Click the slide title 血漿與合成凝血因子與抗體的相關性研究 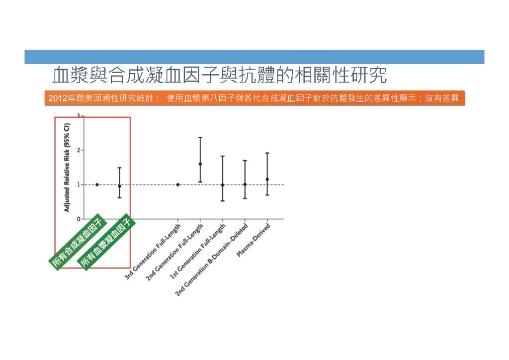pos(219,75)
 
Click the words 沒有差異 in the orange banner pos(442,98)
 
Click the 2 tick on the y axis pos(79,150)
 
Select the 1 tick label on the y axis pos(79,184)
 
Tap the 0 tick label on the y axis pos(79,219)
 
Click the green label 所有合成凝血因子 pos(77,242)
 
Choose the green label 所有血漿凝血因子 pos(105,242)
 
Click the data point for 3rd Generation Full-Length pos(178,184)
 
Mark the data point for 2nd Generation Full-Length pos(200,164)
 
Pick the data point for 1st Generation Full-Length pos(223,185)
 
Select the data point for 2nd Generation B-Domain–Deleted pos(245,184)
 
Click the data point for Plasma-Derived pos(267,179)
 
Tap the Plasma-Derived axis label pos(254,240)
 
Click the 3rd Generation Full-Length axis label pos(152,252)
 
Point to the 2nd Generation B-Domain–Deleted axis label pos(212,260)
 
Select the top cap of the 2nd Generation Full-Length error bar pos(200,138)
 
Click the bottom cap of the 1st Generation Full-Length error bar pos(223,201)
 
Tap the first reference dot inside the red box pos(97,184)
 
